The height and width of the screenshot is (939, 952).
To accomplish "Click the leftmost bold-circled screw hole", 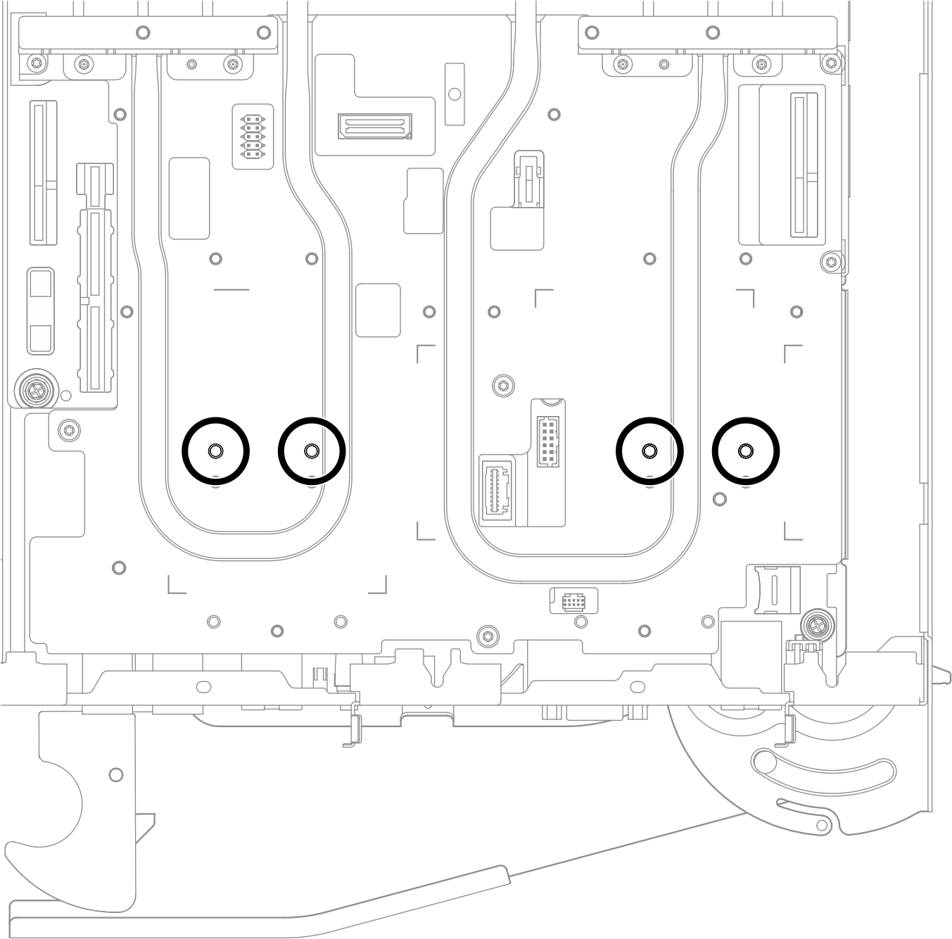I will (215, 450).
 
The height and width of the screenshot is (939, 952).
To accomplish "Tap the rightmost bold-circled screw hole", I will (745, 450).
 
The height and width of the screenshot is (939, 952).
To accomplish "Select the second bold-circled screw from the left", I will (312, 450).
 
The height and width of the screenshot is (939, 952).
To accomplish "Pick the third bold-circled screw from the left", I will (649, 450).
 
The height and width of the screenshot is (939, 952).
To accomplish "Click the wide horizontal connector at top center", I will (374, 127).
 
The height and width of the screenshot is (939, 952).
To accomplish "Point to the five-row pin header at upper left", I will (252, 137).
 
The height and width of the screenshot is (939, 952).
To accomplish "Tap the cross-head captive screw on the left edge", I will (33, 389).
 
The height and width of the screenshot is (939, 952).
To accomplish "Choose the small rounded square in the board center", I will (378, 310).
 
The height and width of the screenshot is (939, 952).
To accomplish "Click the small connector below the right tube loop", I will (573, 600).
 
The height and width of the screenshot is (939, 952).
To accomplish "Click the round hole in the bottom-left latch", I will (116, 775).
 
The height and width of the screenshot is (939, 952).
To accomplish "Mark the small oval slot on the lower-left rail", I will (203, 686).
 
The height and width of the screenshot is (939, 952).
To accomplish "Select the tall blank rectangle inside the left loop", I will (189, 198).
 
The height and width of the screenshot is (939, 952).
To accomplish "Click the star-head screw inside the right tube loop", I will (502, 385).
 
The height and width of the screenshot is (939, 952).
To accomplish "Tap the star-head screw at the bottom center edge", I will (485, 636).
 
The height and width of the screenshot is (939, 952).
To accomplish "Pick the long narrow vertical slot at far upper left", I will (44, 173).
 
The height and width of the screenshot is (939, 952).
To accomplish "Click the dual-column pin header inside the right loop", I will (549, 441).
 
